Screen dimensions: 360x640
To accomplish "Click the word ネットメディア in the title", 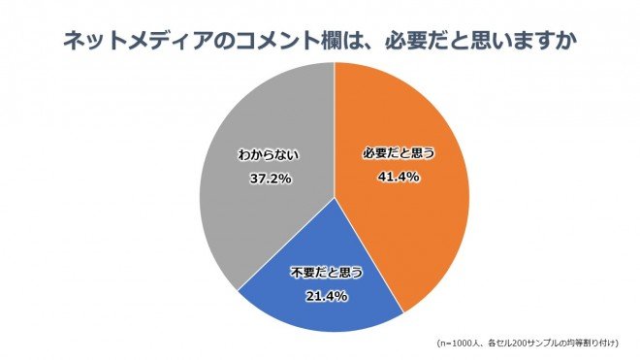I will point(127,41).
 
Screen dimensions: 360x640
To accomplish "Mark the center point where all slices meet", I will point(335,197).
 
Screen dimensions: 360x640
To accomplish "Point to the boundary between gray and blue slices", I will point(286,243).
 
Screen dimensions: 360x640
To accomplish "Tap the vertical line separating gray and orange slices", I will point(335,126).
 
